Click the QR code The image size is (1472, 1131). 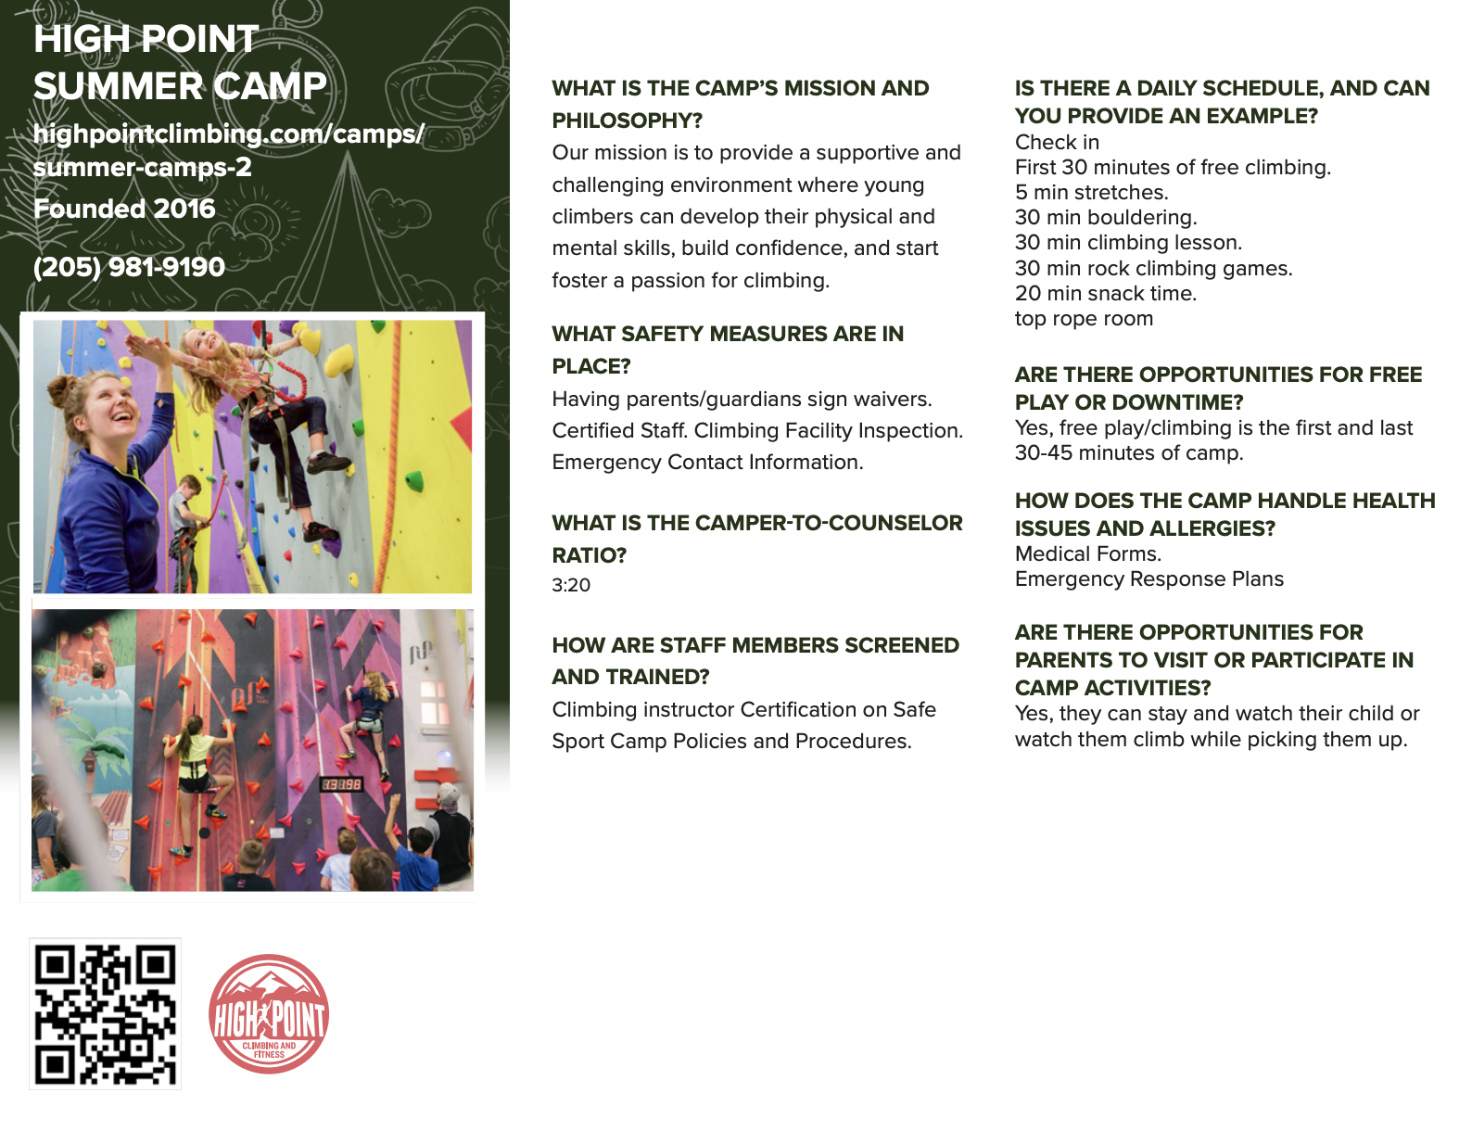(105, 1013)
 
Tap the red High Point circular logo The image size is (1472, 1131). (269, 1014)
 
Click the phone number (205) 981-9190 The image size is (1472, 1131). (129, 267)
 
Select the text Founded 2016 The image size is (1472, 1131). (124, 209)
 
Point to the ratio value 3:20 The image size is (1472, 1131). (571, 585)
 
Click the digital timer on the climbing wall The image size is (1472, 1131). (341, 784)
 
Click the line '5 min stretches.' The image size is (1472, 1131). (1091, 193)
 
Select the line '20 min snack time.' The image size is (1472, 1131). (1105, 294)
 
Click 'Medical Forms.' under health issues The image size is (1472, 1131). (1087, 554)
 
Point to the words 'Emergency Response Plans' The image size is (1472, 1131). (1148, 579)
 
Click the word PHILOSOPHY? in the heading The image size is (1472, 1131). (627, 121)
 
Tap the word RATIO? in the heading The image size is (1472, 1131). (589, 555)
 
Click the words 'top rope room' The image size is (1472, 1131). (1084, 319)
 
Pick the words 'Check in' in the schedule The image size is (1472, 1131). (1057, 143)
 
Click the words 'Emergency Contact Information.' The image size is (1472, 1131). (707, 463)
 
